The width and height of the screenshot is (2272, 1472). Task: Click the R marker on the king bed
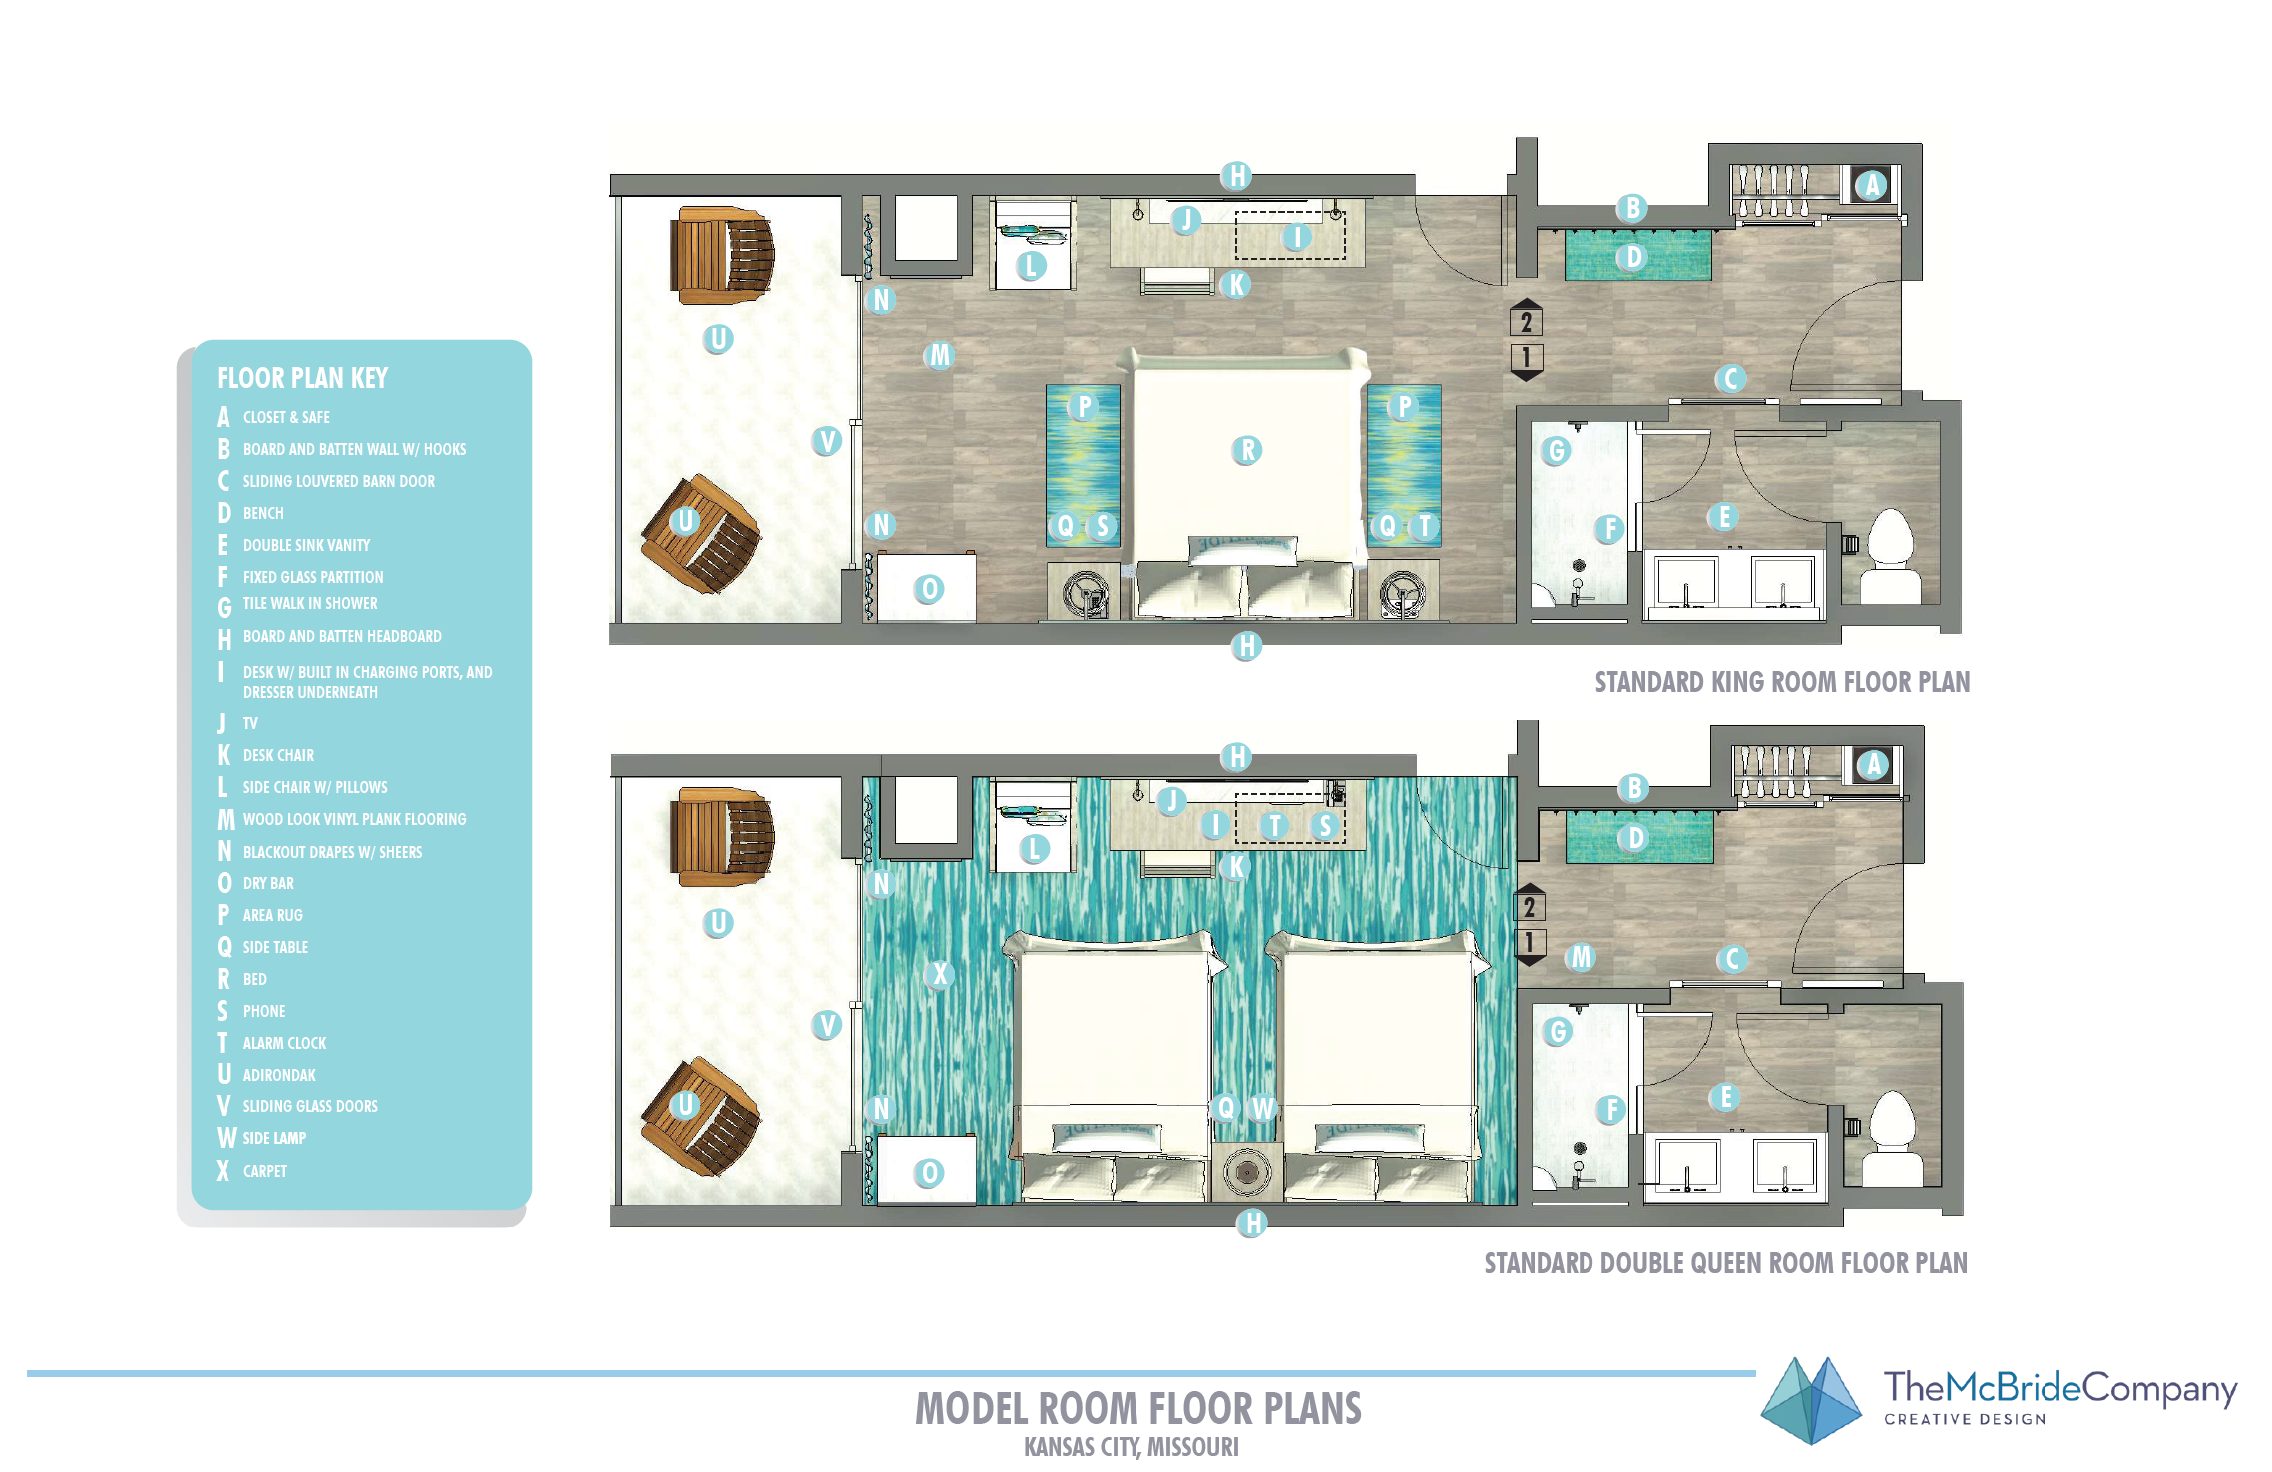click(x=1247, y=450)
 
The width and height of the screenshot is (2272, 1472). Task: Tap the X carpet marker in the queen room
click(x=939, y=974)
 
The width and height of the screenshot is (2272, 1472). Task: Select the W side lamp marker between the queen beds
click(x=1263, y=1107)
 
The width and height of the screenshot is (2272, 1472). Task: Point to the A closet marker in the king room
click(x=1872, y=185)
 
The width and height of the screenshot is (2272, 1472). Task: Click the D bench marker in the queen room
click(x=1634, y=838)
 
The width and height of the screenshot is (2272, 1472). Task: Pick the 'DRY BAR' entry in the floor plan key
click(x=268, y=883)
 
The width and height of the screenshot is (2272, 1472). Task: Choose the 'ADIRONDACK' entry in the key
click(x=279, y=1075)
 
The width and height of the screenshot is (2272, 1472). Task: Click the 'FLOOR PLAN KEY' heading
click(x=302, y=378)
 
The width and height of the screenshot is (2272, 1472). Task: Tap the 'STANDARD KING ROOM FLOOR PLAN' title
click(x=1782, y=682)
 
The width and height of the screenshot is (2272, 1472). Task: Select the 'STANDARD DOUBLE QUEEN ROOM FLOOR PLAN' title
click(x=1726, y=1263)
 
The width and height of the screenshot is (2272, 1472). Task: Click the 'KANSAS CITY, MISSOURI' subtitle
click(x=1132, y=1447)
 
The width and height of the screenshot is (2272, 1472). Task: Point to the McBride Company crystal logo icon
click(x=1811, y=1401)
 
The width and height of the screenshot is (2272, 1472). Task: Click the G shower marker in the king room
click(x=1556, y=451)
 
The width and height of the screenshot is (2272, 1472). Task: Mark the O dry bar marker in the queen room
click(x=929, y=1173)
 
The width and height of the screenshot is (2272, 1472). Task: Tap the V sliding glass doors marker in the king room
click(x=826, y=441)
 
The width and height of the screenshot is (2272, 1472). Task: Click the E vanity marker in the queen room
click(x=1725, y=1097)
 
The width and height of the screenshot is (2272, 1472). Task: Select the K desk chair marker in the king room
click(x=1235, y=285)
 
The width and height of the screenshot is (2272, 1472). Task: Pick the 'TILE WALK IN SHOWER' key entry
click(x=310, y=604)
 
